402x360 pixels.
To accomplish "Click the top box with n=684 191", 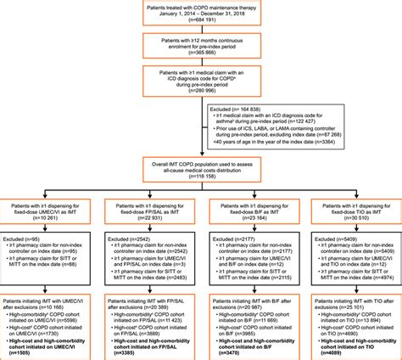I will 202,14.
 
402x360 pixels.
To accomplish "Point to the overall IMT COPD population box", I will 202,174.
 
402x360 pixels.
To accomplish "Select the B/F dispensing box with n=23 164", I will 250,211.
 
